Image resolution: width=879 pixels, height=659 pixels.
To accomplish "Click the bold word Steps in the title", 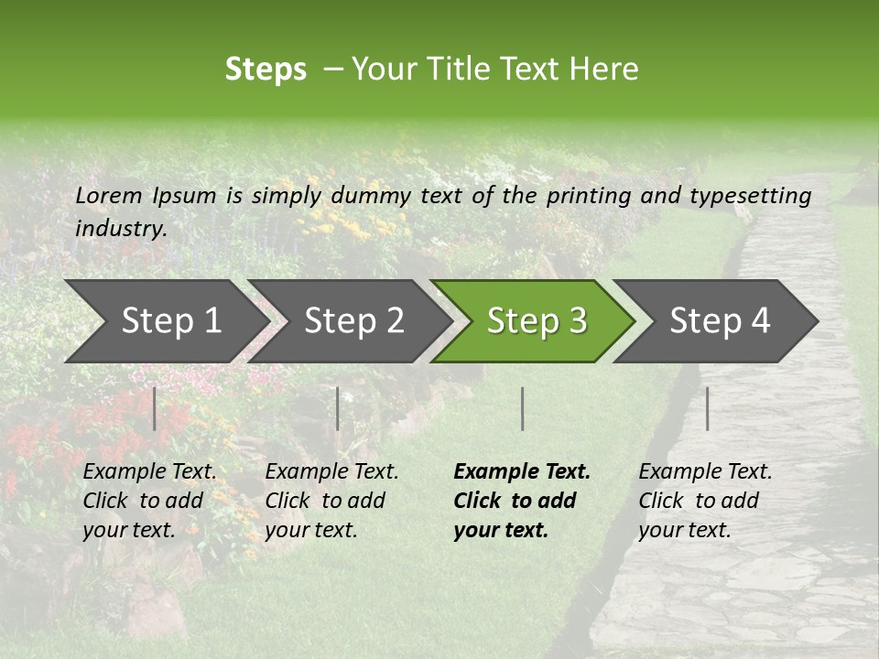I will (266, 70).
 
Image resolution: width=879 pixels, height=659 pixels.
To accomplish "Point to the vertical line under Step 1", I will (155, 408).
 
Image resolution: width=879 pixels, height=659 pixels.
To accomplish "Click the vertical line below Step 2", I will (338, 408).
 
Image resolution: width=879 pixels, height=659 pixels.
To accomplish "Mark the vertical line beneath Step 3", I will (523, 408).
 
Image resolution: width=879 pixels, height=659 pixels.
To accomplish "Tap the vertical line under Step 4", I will (708, 408).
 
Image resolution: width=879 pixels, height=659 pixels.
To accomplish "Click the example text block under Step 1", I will (149, 501).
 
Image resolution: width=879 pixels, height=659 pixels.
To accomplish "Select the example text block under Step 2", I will (331, 501).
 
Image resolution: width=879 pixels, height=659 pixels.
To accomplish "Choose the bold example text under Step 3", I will (522, 501).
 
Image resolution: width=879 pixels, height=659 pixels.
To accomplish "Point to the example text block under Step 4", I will (705, 501).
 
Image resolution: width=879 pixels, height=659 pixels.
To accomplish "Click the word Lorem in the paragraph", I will (109, 196).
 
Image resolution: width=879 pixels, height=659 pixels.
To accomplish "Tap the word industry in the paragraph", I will (121, 229).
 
